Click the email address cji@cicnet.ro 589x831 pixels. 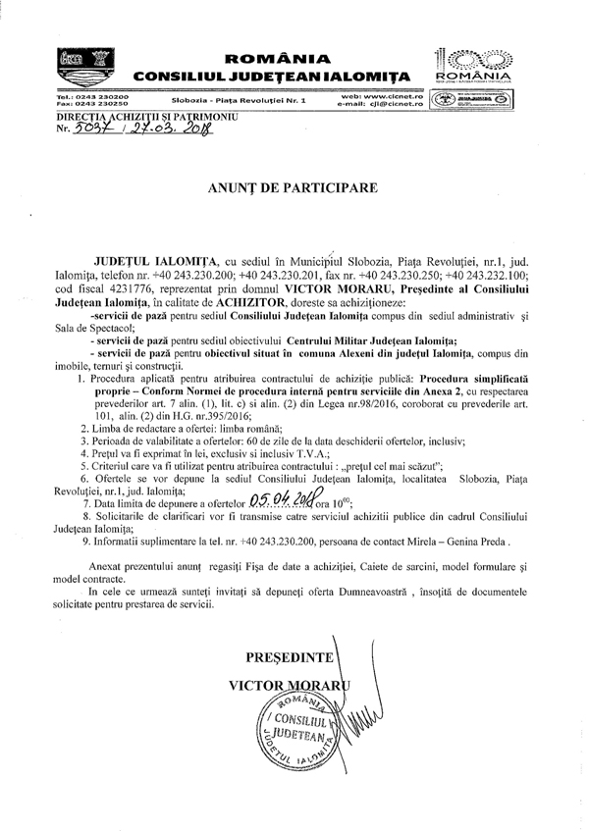(x=389, y=103)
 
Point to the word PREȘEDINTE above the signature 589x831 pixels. (x=290, y=655)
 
